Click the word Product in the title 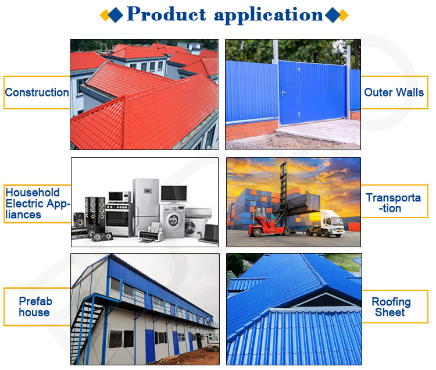pos(166,14)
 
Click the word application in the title pos(268,15)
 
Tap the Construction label pos(37,92)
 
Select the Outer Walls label pos(394,92)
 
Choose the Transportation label pos(394,203)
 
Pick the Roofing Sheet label pos(391,307)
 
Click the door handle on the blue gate pos(283,92)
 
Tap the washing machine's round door pos(174,223)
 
